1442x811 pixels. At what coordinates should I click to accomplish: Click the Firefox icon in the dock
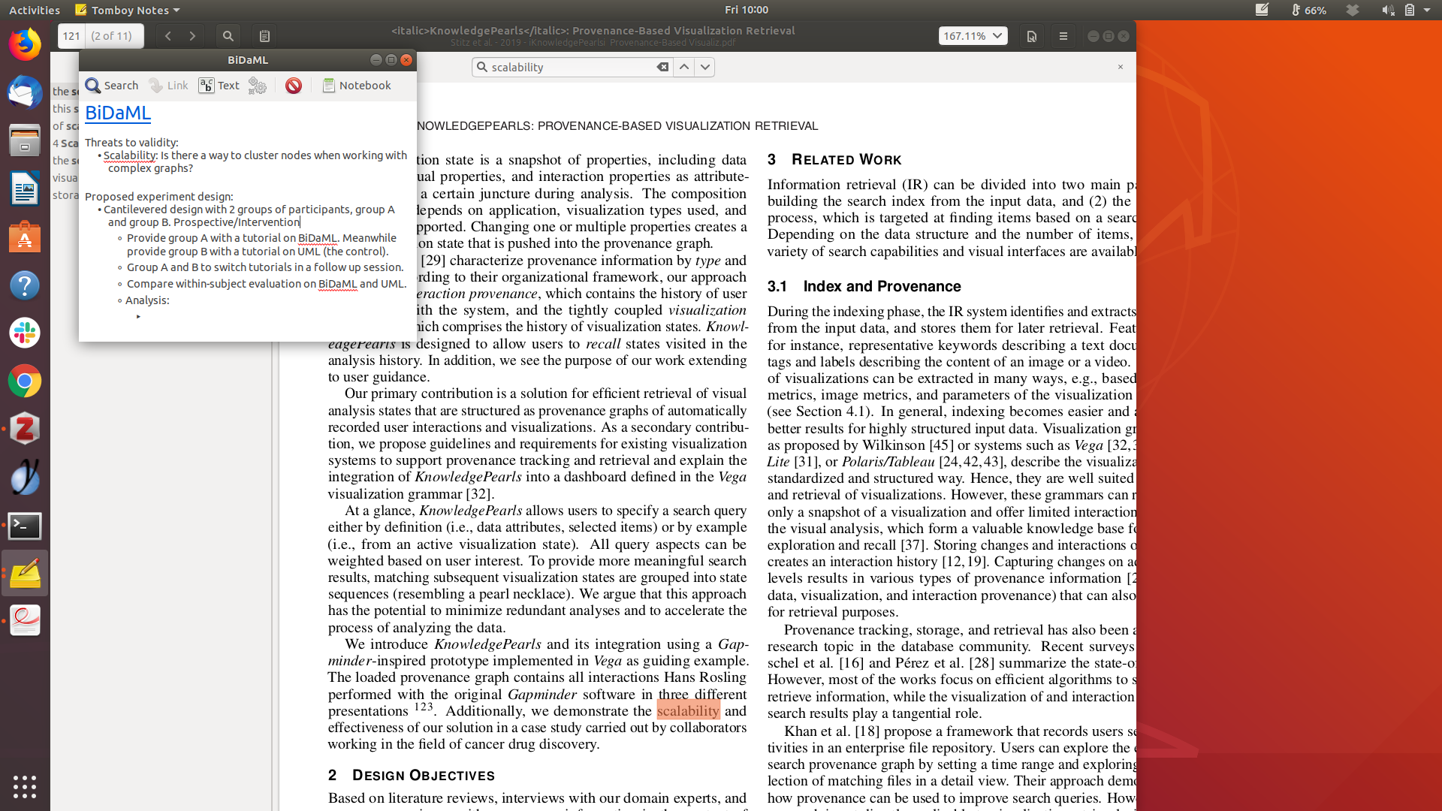[x=25, y=45]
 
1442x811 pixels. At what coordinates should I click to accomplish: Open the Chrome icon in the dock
[x=25, y=381]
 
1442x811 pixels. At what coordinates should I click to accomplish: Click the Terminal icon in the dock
[x=25, y=526]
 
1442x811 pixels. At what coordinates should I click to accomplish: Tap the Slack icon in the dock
[x=25, y=333]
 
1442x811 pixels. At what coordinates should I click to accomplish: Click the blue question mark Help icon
[x=25, y=285]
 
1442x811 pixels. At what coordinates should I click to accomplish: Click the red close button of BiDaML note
[x=406, y=60]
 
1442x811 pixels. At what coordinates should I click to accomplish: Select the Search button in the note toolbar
[x=112, y=86]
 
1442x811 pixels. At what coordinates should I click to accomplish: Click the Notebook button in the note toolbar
[x=357, y=86]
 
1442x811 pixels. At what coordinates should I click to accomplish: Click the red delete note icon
[x=294, y=86]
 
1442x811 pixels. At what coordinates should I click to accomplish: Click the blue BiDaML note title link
[x=118, y=113]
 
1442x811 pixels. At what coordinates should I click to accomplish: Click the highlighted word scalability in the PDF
[x=688, y=710]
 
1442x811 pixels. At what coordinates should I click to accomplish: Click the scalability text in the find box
[x=517, y=68]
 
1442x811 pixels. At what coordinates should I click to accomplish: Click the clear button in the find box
[x=662, y=67]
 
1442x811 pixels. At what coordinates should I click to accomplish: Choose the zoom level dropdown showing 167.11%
[x=973, y=36]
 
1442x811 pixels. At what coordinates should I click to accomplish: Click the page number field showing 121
[x=71, y=36]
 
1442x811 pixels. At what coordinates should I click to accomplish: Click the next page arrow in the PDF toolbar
[x=192, y=36]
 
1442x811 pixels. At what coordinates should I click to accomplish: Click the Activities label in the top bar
[x=35, y=10]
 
